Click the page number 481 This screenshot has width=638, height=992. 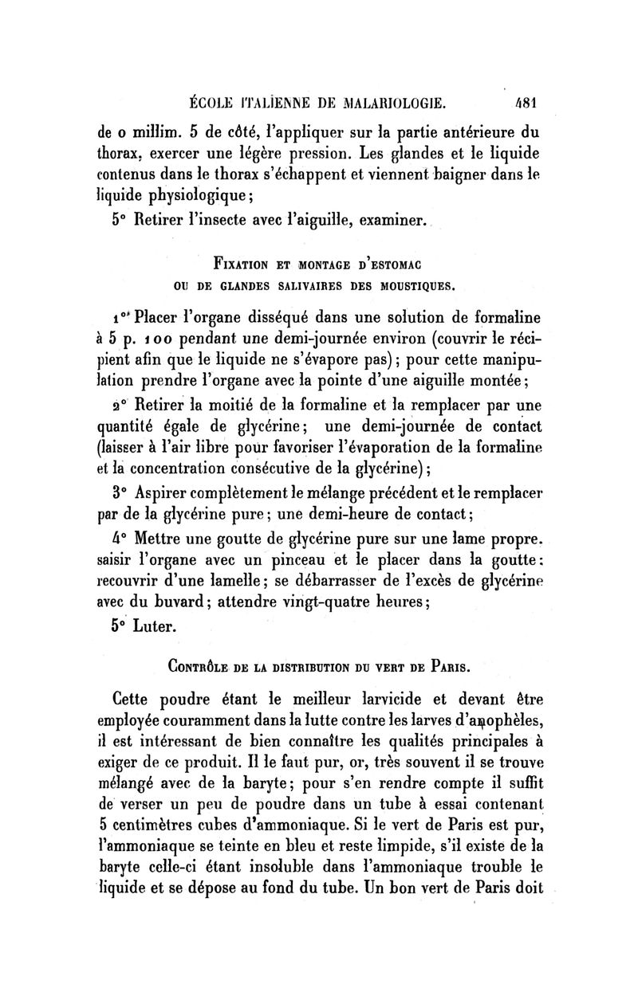[527, 103]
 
